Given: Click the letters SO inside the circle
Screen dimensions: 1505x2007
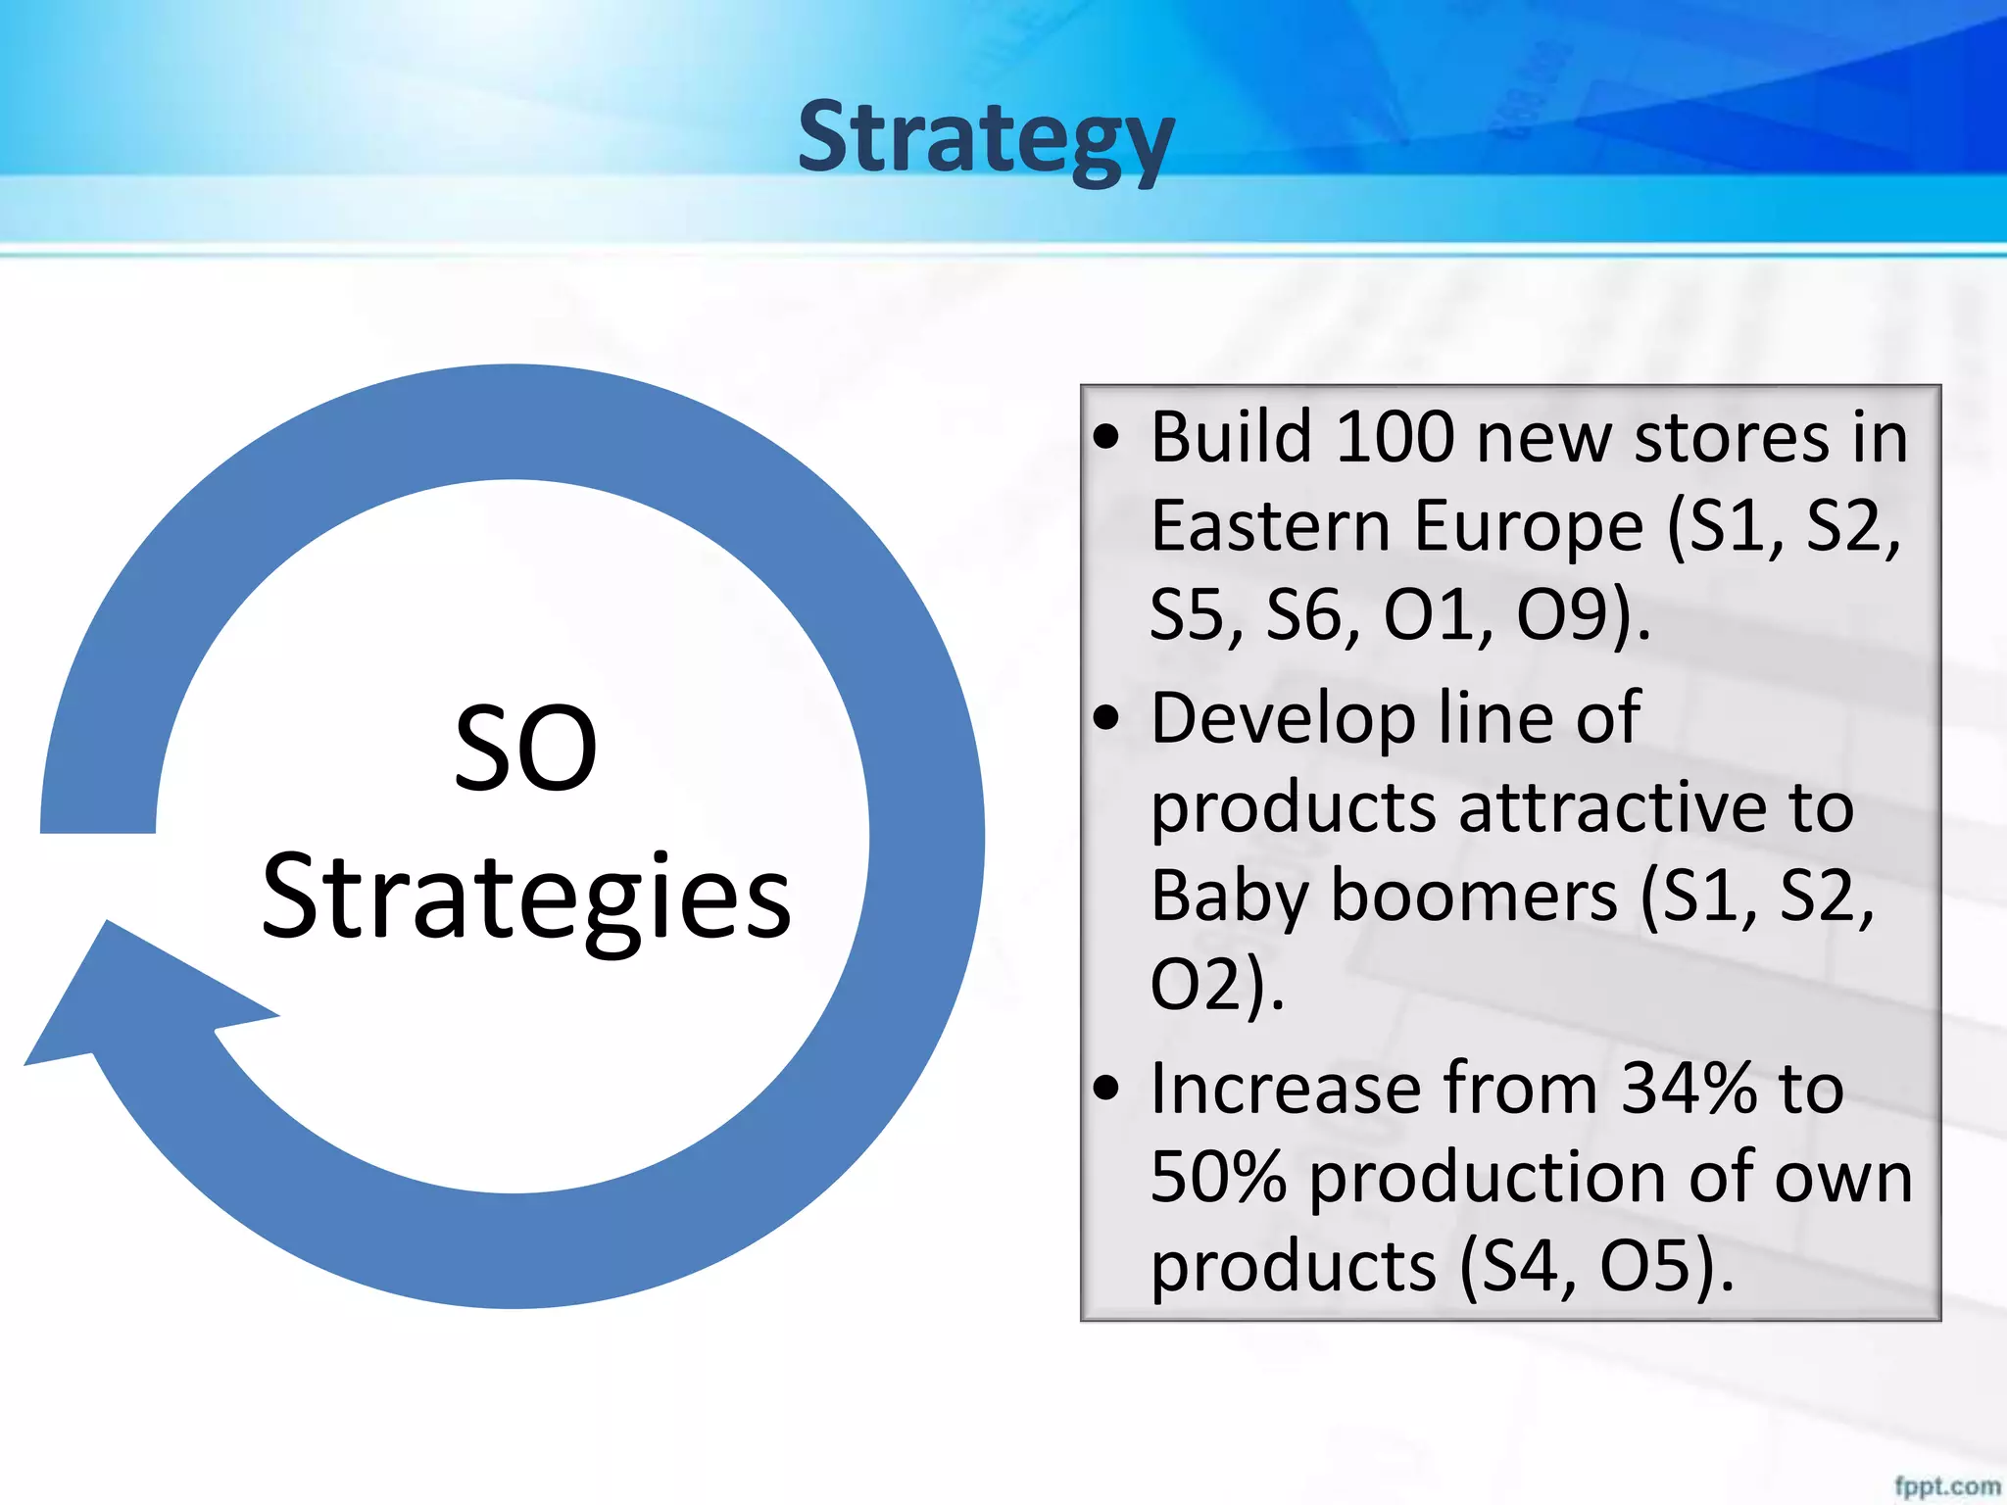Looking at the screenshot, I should tap(525, 750).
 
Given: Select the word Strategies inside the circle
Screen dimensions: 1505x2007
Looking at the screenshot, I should tap(526, 897).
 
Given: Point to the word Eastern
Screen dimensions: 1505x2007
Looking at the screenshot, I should tap(1270, 527).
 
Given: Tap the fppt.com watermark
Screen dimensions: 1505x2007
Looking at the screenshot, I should tap(1946, 1485).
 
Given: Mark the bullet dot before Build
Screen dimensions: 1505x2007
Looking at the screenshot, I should tap(1105, 438).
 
